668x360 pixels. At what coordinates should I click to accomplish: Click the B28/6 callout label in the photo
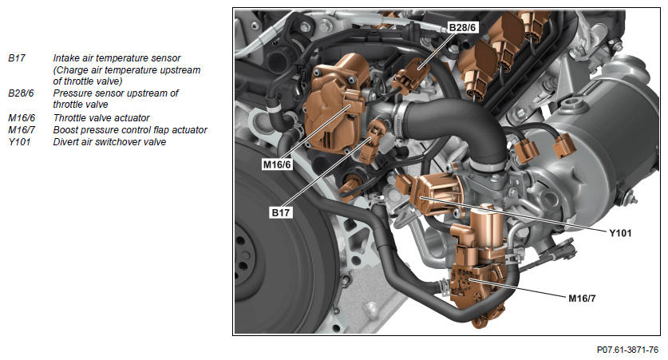click(463, 28)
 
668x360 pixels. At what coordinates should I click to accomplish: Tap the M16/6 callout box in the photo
click(278, 164)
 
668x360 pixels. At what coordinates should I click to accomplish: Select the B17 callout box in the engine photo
click(281, 212)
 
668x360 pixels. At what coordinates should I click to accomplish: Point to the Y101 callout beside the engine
click(620, 233)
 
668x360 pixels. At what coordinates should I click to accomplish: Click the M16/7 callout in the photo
click(582, 299)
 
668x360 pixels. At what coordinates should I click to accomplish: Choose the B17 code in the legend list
click(17, 58)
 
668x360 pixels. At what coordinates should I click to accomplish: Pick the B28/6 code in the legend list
click(21, 93)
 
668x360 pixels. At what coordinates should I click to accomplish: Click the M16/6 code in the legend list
click(22, 117)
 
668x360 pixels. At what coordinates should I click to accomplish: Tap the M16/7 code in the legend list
click(22, 130)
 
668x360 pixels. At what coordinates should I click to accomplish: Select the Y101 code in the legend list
click(20, 142)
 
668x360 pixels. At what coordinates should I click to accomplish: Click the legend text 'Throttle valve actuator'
click(101, 117)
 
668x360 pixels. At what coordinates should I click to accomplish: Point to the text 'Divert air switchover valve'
click(109, 142)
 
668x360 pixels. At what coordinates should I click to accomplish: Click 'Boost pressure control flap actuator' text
click(130, 130)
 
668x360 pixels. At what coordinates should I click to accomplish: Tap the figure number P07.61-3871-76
click(627, 350)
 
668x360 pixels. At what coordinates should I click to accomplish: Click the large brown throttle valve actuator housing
click(334, 105)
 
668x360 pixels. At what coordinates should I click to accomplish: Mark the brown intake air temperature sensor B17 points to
click(371, 140)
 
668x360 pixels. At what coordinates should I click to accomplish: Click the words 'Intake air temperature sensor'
click(117, 58)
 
